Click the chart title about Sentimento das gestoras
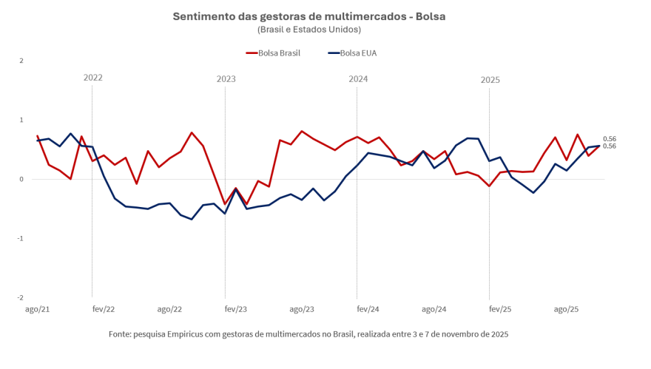coord(309,16)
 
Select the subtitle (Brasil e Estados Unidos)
coord(309,30)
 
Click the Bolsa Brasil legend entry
coord(273,53)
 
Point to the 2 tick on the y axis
coord(21,61)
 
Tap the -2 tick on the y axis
coord(21,298)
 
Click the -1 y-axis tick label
coord(21,239)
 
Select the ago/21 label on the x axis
coord(38,309)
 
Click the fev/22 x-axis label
coord(104,309)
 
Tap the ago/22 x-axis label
coord(169,309)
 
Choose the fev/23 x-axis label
coord(236,309)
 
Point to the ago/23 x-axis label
coord(302,309)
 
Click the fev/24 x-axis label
coord(368,309)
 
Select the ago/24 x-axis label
coord(434,309)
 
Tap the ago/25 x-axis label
coord(567,309)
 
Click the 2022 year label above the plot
coord(93,78)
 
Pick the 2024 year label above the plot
coord(358,78)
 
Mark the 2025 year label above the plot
coord(490,79)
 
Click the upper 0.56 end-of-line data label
coord(610,139)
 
